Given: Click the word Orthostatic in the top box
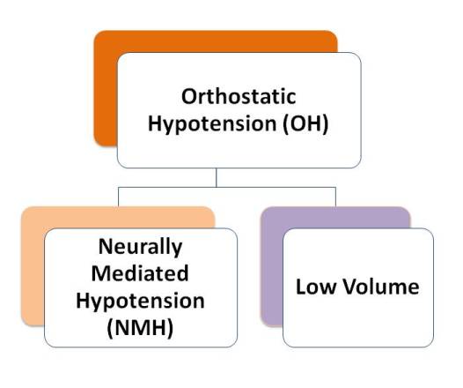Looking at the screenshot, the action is (239, 96).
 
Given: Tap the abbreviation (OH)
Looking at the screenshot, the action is (305, 123).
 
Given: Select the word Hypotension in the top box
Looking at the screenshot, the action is (212, 124).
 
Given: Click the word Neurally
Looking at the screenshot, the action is (140, 247).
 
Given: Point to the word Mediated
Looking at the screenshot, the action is (140, 273).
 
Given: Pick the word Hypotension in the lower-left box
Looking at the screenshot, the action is (140, 301).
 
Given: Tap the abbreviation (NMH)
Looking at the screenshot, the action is (140, 328).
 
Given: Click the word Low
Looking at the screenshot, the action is (316, 287).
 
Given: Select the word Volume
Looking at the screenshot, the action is (381, 287).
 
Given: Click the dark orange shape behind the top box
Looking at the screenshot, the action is (106, 89).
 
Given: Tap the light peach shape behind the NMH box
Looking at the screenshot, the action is (33, 266).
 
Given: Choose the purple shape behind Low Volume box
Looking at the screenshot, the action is (272, 266).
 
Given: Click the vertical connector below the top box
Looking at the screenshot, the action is (217, 177).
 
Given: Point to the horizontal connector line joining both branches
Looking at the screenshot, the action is (227, 187).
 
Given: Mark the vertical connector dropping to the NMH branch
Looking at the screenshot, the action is (119, 197).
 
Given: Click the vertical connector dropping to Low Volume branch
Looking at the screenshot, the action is (335, 197).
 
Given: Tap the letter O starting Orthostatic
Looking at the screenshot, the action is (189, 96).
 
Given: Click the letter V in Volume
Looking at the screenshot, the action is (350, 287).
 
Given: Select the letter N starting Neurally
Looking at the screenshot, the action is (107, 246).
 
